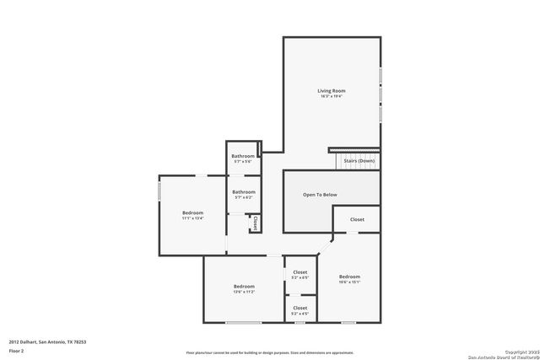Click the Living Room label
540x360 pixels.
point(331,91)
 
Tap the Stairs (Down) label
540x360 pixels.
point(359,160)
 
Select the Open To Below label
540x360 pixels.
point(320,195)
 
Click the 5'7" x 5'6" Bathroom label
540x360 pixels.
point(244,156)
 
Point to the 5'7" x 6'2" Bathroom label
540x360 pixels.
point(244,192)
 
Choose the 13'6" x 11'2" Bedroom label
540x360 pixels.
point(244,287)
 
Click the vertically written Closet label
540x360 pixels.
point(255,223)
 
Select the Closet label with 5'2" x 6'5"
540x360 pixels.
point(300,272)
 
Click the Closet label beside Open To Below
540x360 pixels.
point(357,219)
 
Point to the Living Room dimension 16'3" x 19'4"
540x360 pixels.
point(331,96)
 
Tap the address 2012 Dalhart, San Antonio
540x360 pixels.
point(47,341)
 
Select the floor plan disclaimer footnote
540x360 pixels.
point(269,352)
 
